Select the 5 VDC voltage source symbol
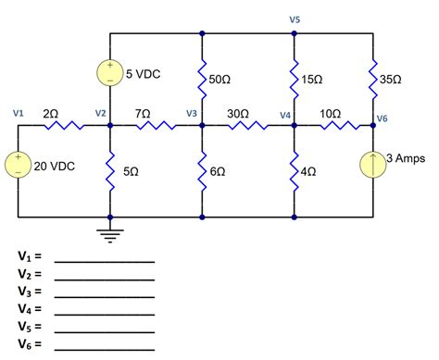(110, 73)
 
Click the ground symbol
(110, 233)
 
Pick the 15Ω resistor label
(313, 81)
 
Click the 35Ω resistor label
(392, 81)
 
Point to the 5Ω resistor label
(130, 172)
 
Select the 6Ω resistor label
(219, 172)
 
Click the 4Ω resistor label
(310, 172)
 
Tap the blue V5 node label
(295, 19)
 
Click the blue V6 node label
(383, 118)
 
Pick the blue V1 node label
(19, 113)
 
